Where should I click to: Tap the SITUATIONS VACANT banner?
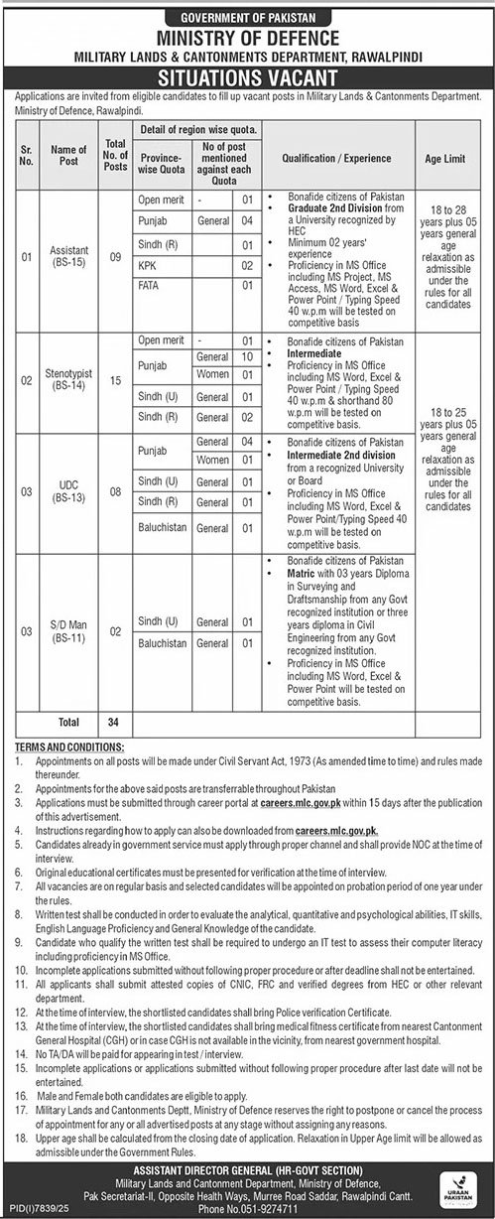(x=247, y=75)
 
